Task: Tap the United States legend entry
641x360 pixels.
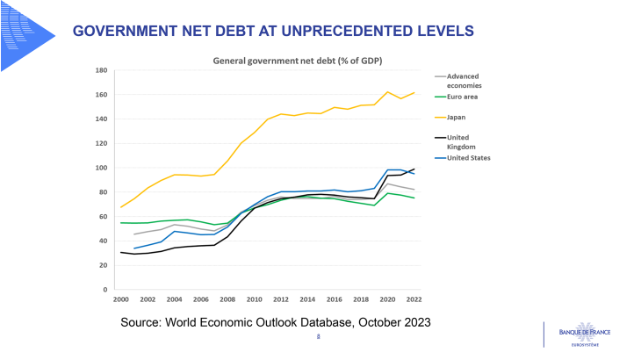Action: point(469,157)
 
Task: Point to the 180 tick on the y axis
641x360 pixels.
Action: point(101,70)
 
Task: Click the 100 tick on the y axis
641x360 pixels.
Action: point(101,168)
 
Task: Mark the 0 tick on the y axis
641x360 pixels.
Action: point(105,290)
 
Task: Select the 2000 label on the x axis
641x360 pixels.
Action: point(120,299)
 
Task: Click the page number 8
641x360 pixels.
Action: point(319,335)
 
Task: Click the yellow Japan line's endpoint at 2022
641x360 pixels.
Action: point(414,92)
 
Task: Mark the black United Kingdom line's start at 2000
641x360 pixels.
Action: point(120,252)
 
